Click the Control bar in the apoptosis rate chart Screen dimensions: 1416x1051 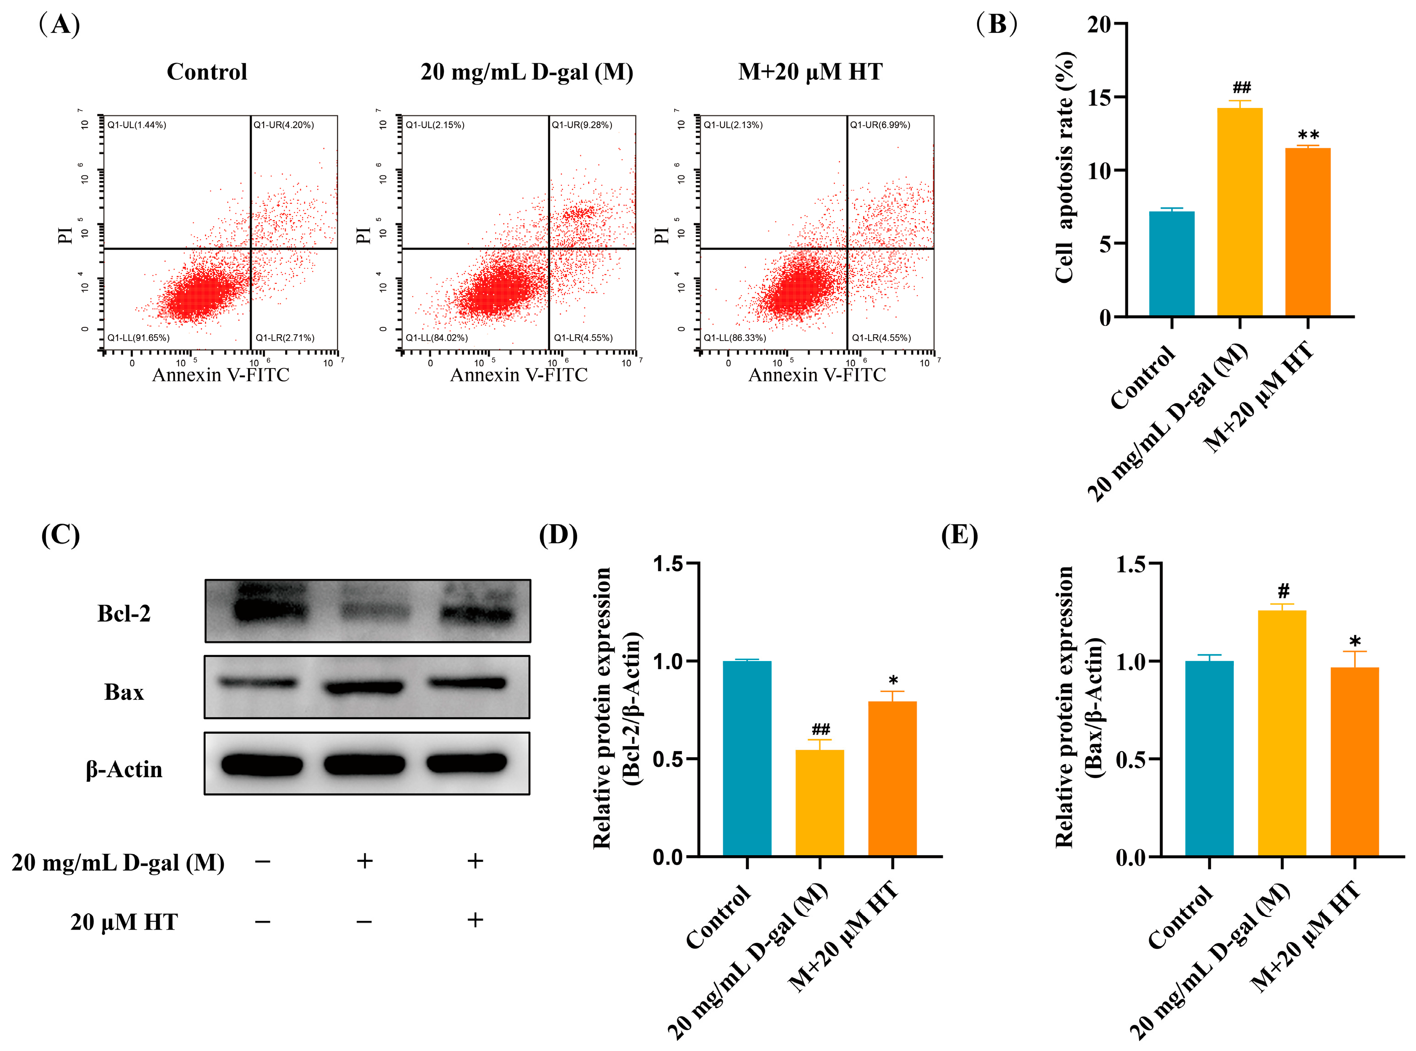click(x=1171, y=263)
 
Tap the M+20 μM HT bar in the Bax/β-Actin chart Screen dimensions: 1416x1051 click(x=1354, y=762)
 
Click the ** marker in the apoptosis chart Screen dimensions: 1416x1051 click(x=1308, y=135)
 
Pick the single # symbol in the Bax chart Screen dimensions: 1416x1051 click(x=1283, y=591)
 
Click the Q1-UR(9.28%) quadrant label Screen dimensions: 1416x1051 click(x=582, y=125)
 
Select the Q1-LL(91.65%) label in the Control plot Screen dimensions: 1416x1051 click(x=139, y=338)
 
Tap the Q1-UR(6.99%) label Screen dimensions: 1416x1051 click(x=881, y=125)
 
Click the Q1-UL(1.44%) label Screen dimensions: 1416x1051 click(x=137, y=125)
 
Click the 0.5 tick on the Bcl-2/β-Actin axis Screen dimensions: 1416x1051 click(x=668, y=759)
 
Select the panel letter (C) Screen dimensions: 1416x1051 click(x=60, y=535)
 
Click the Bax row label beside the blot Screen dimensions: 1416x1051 click(x=124, y=692)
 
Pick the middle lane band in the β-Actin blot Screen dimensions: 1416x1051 click(x=364, y=764)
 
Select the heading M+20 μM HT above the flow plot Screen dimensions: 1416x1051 click(x=811, y=72)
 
